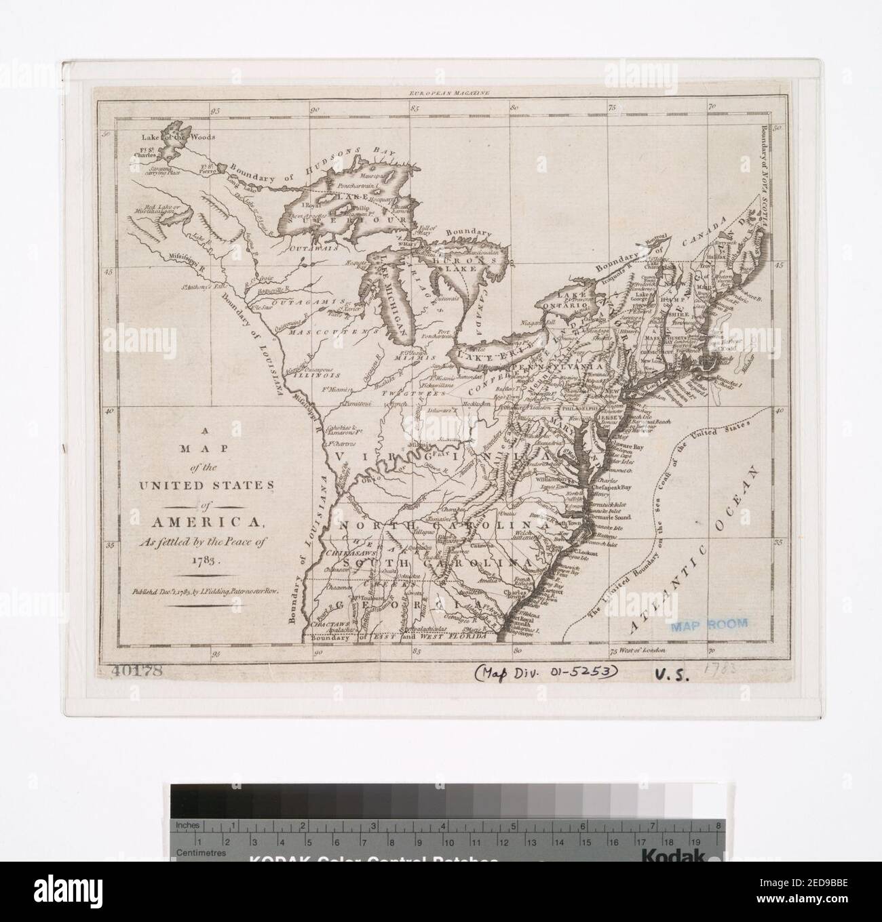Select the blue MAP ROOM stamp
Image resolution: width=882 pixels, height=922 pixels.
coord(708,624)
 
